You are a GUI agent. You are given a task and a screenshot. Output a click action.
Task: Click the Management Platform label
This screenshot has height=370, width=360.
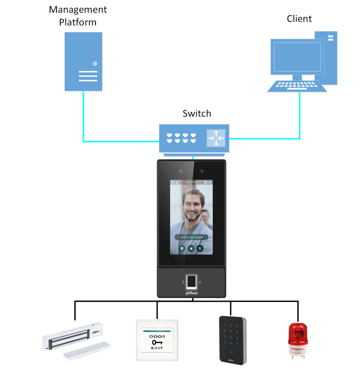tap(78, 16)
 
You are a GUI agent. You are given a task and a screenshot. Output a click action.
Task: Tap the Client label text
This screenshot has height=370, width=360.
tap(299, 19)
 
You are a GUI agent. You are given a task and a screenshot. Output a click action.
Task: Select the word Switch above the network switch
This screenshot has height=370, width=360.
tap(197, 114)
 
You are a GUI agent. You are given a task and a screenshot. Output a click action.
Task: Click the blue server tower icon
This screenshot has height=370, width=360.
tap(83, 61)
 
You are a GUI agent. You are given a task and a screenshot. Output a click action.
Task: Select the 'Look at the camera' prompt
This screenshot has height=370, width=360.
tap(191, 237)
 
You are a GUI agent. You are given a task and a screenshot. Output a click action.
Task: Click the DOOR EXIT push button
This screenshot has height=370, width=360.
tap(157, 340)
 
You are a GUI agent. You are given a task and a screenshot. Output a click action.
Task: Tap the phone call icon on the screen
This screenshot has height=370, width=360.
tap(200, 248)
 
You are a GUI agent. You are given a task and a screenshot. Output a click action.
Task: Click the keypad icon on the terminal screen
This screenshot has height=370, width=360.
tap(182, 248)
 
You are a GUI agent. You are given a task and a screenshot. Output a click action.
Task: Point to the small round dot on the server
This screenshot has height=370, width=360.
tap(95, 64)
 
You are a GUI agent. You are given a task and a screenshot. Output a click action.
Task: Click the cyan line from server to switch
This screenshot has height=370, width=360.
tap(83, 118)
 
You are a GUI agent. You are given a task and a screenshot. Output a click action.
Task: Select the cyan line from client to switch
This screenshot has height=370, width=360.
tap(300, 118)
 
